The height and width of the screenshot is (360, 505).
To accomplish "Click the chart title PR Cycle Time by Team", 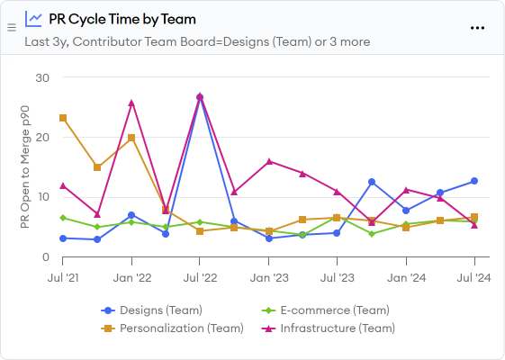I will tap(122, 19).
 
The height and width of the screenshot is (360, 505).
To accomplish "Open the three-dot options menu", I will tap(478, 27).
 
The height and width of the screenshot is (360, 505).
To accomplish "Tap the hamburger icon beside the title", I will tap(12, 28).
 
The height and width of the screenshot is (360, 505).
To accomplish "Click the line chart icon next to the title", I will tap(33, 18).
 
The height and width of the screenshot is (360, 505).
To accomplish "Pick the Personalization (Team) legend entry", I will tap(172, 328).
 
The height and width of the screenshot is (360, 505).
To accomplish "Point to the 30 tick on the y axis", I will tap(41, 77).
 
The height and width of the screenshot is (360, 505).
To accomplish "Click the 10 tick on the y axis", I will tap(41, 197).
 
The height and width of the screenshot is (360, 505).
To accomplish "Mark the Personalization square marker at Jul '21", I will tap(63, 118).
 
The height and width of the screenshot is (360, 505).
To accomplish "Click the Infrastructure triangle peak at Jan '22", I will tap(131, 103).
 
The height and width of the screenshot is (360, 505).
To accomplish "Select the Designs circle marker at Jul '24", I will tap(474, 181).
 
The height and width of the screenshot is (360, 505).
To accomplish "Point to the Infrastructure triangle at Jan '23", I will tap(269, 161).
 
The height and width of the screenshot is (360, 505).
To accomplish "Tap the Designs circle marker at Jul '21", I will tap(63, 238).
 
